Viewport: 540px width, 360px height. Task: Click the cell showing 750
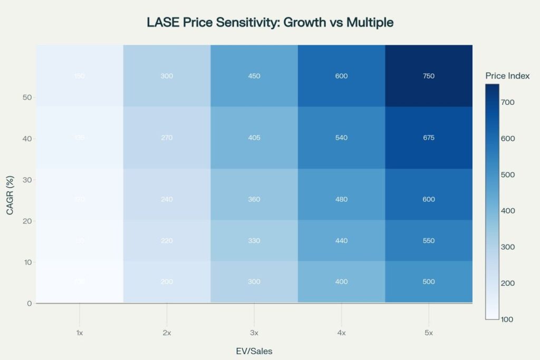[x=428, y=76]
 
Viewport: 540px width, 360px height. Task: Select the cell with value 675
[x=428, y=138]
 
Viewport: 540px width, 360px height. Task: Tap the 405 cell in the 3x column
[x=254, y=138]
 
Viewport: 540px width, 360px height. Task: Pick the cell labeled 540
[x=341, y=138]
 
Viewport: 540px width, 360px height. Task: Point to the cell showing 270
[x=167, y=138]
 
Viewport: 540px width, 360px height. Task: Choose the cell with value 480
[x=341, y=200]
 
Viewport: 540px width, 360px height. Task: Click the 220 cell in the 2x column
[x=167, y=240]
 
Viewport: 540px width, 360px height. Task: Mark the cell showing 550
[x=428, y=240]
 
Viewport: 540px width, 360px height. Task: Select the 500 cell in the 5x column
[x=428, y=281]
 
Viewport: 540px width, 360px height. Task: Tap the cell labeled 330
[x=254, y=240]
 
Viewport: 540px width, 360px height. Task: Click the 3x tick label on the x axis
[x=254, y=333]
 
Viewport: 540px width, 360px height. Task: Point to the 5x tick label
[x=428, y=333]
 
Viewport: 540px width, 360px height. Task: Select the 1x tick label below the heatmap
[x=80, y=333]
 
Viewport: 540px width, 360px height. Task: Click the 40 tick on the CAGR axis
[x=26, y=139]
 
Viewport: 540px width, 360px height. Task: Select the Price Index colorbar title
[x=507, y=76]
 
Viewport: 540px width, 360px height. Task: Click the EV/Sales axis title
[x=254, y=351]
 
